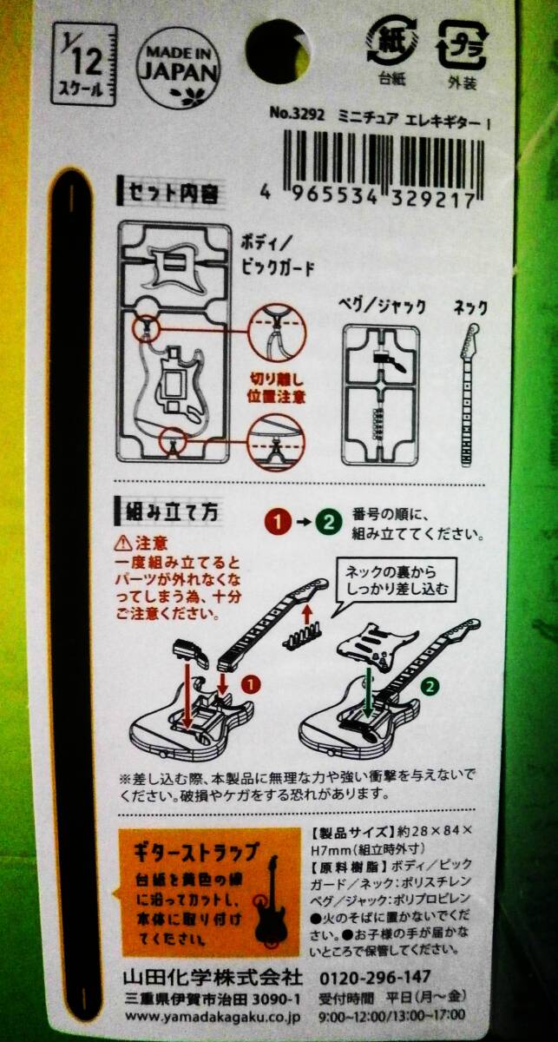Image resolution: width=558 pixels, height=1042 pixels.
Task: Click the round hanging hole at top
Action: pyautogui.click(x=277, y=49)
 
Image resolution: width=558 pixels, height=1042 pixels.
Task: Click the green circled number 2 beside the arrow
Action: pyautogui.click(x=328, y=523)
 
